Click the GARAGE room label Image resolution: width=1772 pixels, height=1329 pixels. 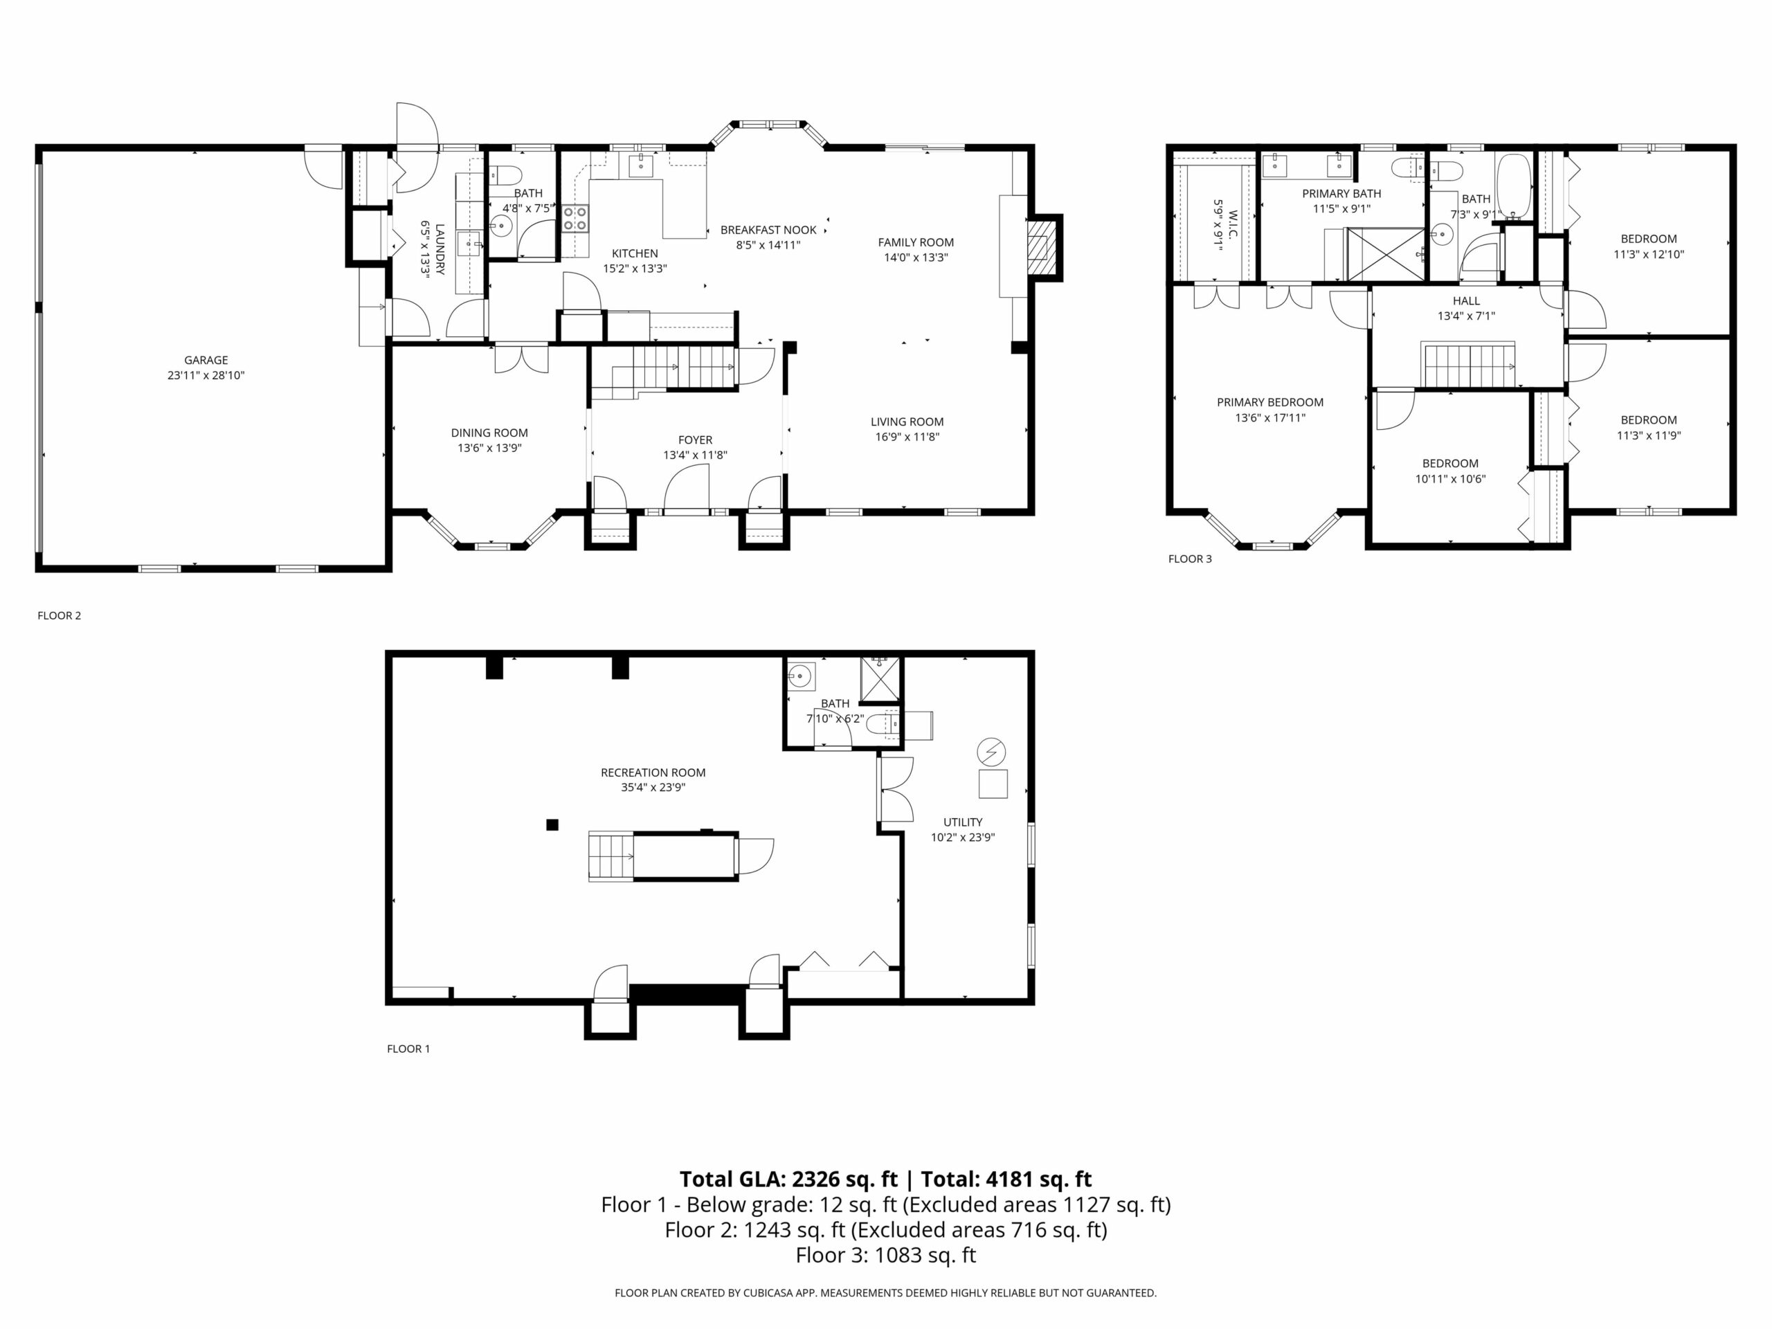click(206, 361)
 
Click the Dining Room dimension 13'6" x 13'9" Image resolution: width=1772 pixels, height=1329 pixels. click(489, 448)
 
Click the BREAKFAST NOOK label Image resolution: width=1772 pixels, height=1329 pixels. click(768, 230)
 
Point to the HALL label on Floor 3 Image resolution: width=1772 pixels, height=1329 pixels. click(1466, 301)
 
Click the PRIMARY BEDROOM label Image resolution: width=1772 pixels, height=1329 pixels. click(1269, 402)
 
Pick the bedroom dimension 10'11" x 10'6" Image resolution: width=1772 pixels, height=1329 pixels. click(1450, 479)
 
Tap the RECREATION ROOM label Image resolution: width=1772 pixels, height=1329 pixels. click(653, 772)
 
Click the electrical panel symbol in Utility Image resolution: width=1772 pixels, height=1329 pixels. click(992, 752)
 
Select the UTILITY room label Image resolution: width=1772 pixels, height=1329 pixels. click(962, 822)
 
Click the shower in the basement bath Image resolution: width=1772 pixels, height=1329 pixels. click(880, 678)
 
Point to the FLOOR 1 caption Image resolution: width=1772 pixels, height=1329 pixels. click(408, 1049)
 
